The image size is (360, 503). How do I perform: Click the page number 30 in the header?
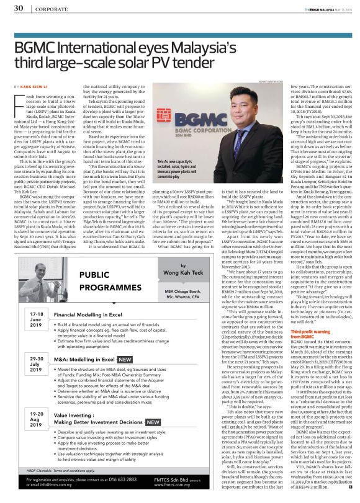click(x=19, y=9)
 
